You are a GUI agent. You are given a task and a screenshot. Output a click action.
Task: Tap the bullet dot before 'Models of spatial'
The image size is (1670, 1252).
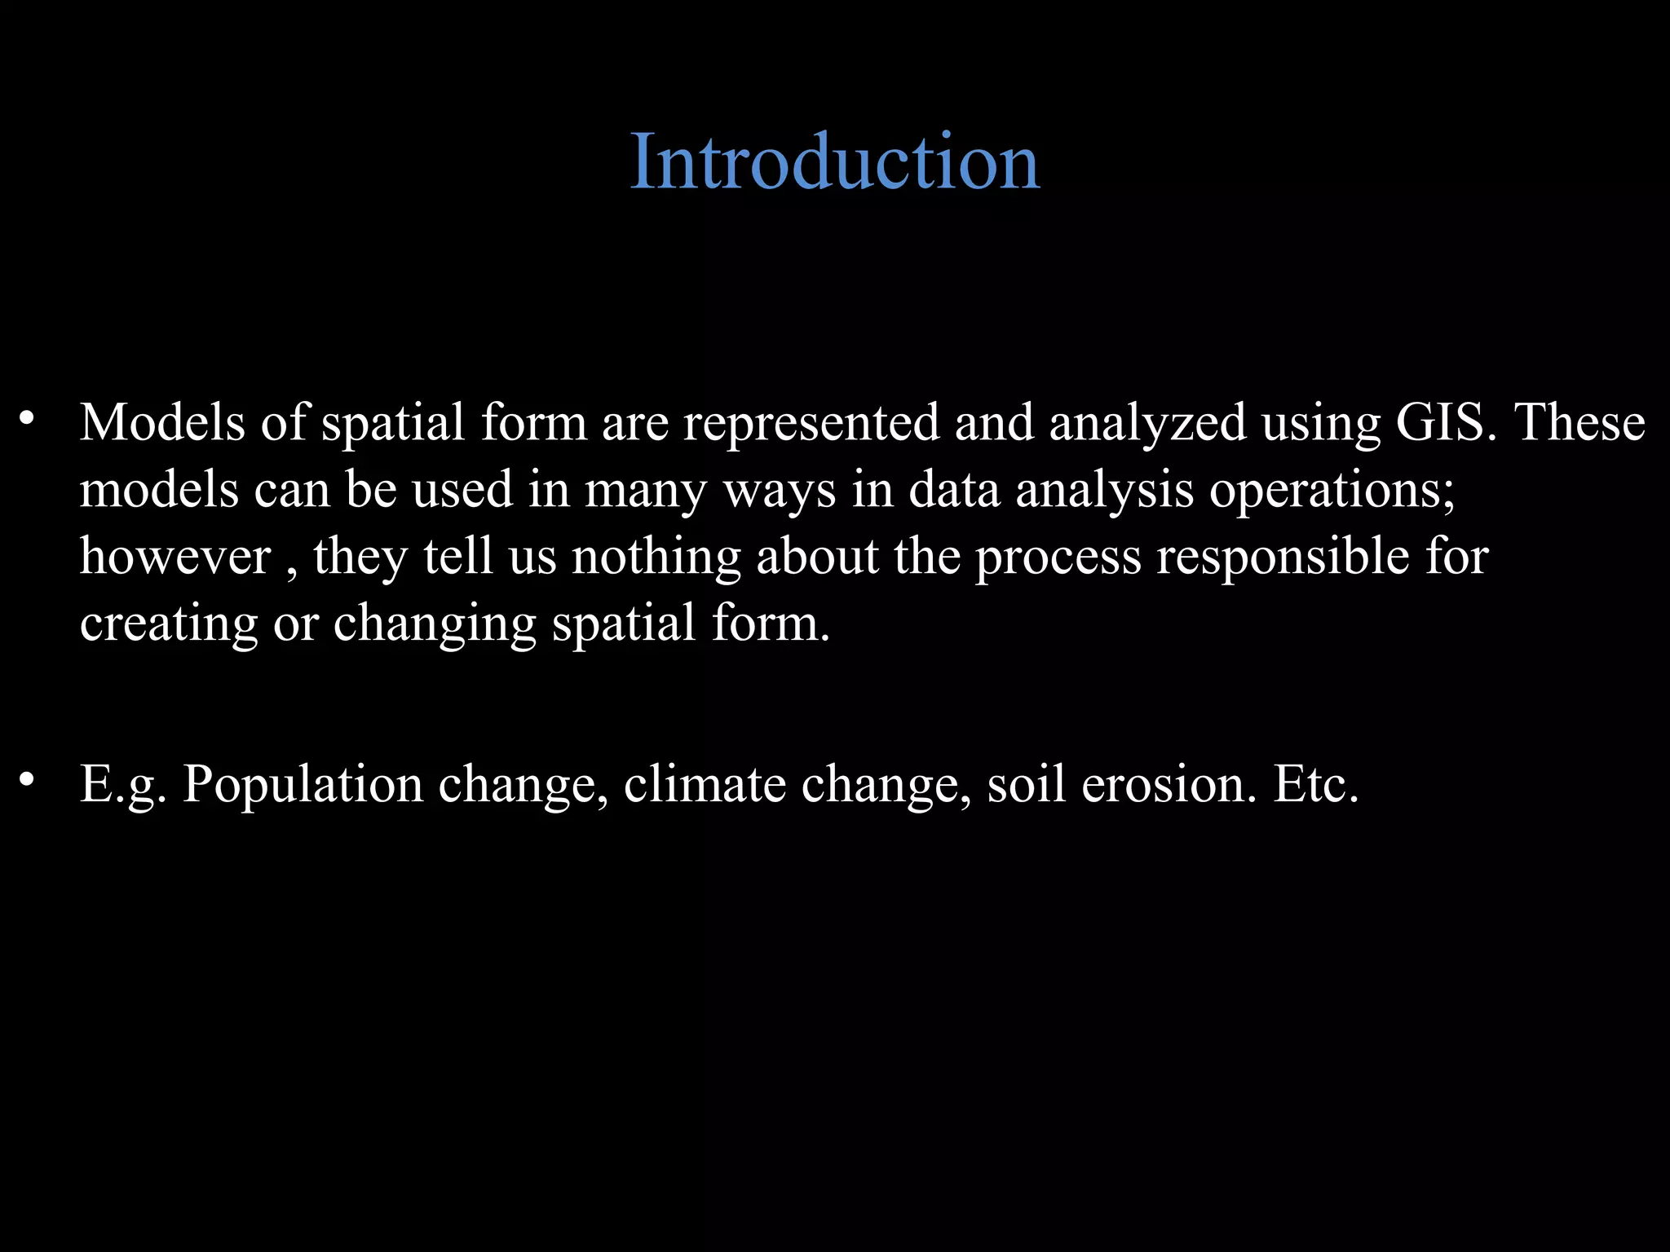point(27,418)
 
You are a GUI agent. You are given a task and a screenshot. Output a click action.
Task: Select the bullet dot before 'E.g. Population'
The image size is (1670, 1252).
point(27,779)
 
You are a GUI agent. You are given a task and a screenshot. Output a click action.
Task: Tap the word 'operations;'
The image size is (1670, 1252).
point(1332,491)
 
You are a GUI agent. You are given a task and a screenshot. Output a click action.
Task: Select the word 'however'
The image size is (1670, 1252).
point(175,557)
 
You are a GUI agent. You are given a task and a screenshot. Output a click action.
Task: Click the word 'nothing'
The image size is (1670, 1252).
point(656,558)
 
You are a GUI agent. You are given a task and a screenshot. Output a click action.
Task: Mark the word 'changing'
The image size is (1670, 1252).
point(435,624)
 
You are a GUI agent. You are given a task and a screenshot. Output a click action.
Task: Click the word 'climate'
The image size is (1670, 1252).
point(705,784)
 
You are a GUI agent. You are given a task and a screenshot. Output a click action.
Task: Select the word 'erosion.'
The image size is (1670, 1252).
point(1169,784)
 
